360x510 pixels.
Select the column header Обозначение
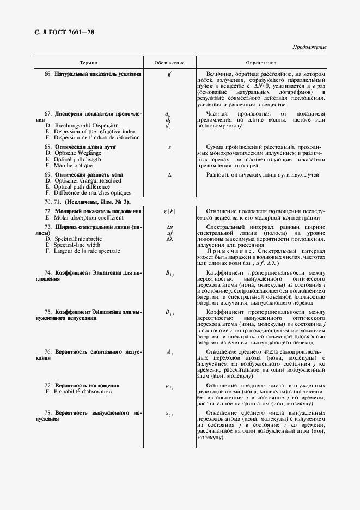point(169,64)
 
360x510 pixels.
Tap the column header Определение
point(261,64)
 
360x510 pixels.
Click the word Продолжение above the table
point(309,47)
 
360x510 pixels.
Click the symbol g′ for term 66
point(169,74)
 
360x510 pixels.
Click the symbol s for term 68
point(169,147)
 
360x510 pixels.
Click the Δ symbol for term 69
point(169,174)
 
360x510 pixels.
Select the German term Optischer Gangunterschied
point(84,181)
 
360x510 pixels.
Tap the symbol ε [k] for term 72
point(169,211)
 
